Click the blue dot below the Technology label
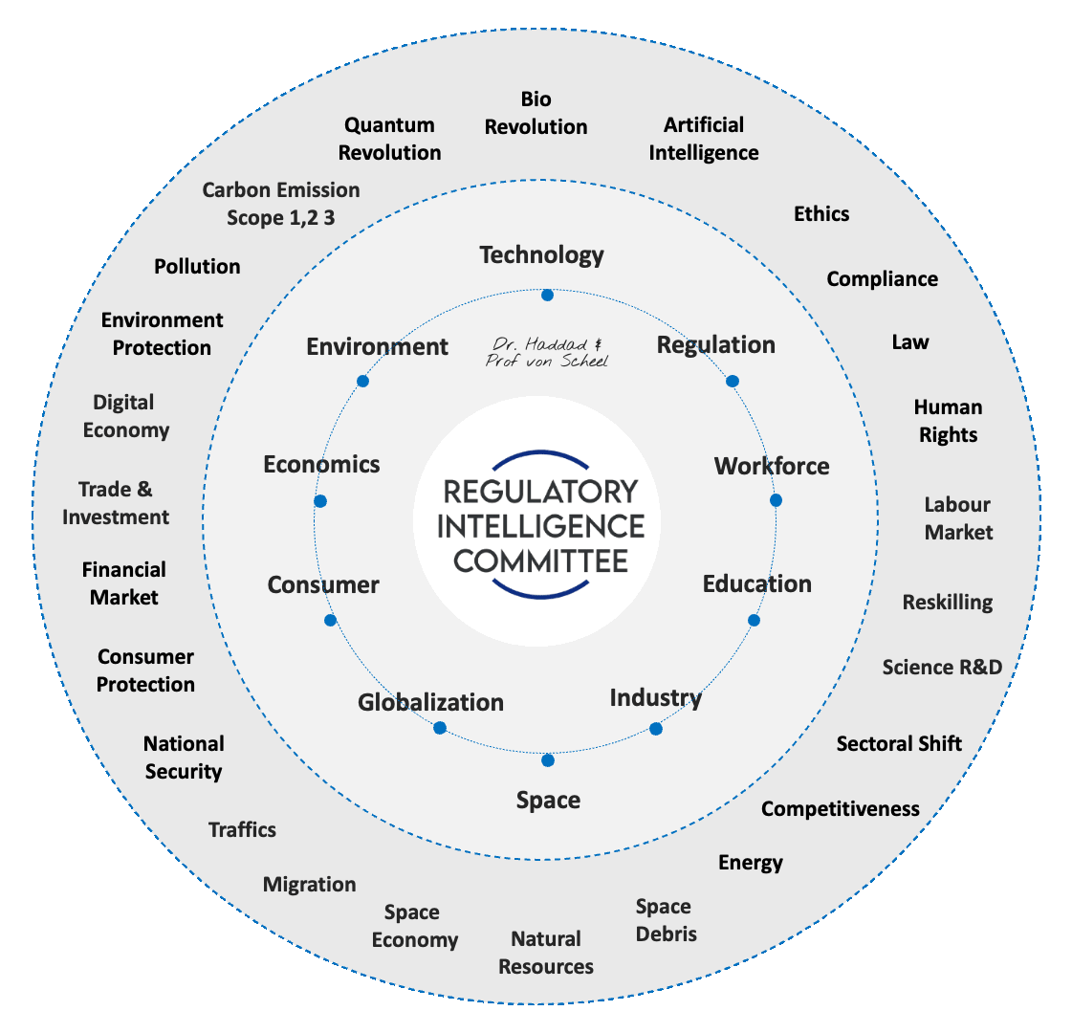coord(547,296)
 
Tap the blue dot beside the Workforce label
coord(776,500)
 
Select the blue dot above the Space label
coord(548,760)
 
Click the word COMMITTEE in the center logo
coord(540,560)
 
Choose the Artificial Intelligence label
coord(704,139)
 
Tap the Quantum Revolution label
coord(389,139)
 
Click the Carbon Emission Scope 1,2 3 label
coord(281,204)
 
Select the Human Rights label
coord(948,421)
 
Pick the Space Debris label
coord(666,920)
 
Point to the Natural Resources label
coord(546,953)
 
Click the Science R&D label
coord(942,667)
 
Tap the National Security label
coord(184,758)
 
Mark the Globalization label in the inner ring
coord(430,702)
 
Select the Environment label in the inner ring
coord(377,346)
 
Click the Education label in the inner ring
coord(756,583)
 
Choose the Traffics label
coord(243,829)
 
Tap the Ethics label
coord(821,213)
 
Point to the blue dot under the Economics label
coord(320,501)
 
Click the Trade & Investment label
coord(116,503)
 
